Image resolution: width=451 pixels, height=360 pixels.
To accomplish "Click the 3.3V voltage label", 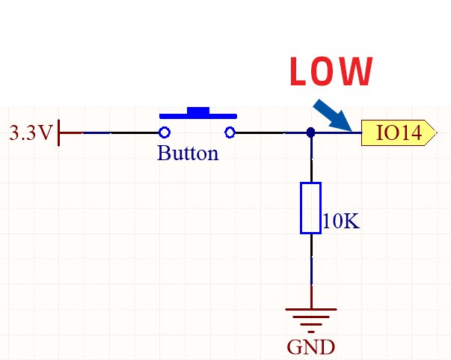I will (31, 133).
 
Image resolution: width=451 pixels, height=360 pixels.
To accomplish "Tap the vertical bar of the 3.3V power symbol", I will (59, 133).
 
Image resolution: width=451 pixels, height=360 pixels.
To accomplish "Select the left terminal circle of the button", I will (164, 133).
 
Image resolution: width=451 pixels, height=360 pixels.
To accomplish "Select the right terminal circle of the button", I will (230, 133).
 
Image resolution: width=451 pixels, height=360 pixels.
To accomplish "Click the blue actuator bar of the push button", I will (198, 115).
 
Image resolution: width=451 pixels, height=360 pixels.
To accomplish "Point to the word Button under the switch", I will (188, 154).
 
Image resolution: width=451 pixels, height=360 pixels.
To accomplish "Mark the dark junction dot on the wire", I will (311, 133).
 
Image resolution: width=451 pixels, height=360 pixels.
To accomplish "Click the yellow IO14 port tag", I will (397, 133).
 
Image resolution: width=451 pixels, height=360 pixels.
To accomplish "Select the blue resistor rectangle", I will (310, 207).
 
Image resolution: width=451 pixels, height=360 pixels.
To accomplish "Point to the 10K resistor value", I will (341, 222).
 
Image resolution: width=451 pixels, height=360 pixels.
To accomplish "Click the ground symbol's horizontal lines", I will (311, 317).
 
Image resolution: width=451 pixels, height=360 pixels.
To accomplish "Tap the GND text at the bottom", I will (311, 347).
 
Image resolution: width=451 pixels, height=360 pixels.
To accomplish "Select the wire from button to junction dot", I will (269, 133).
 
